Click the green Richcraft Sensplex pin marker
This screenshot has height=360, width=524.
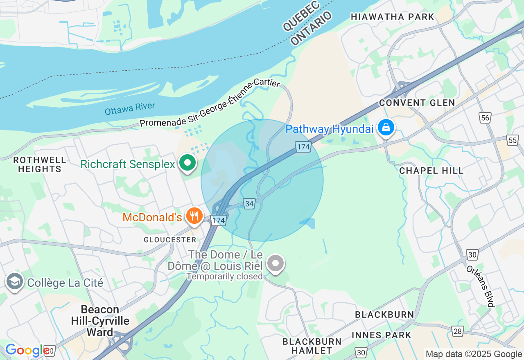[x=187, y=163]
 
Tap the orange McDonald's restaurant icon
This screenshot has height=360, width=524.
[x=194, y=215]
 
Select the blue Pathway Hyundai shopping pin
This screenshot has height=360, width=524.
[x=386, y=128]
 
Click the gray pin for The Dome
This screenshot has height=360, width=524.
[x=276, y=263]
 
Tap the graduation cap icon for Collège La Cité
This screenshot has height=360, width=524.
[x=15, y=282]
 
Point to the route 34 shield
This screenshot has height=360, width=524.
[x=249, y=203]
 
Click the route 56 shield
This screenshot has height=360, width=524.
[x=485, y=118]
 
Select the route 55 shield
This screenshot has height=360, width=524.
[x=512, y=140]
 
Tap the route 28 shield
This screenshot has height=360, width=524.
[x=457, y=330]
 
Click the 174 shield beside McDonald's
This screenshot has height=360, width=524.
[x=219, y=220]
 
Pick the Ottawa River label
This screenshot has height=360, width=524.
[x=130, y=109]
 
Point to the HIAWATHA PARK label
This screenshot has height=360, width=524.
[x=392, y=17]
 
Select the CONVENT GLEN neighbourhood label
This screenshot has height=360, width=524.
[x=417, y=103]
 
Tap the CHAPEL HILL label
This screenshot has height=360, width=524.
[x=431, y=171]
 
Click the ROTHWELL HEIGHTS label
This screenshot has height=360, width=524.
[x=39, y=164]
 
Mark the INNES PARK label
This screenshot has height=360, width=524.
[x=381, y=335]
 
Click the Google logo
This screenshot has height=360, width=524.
[x=27, y=351]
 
